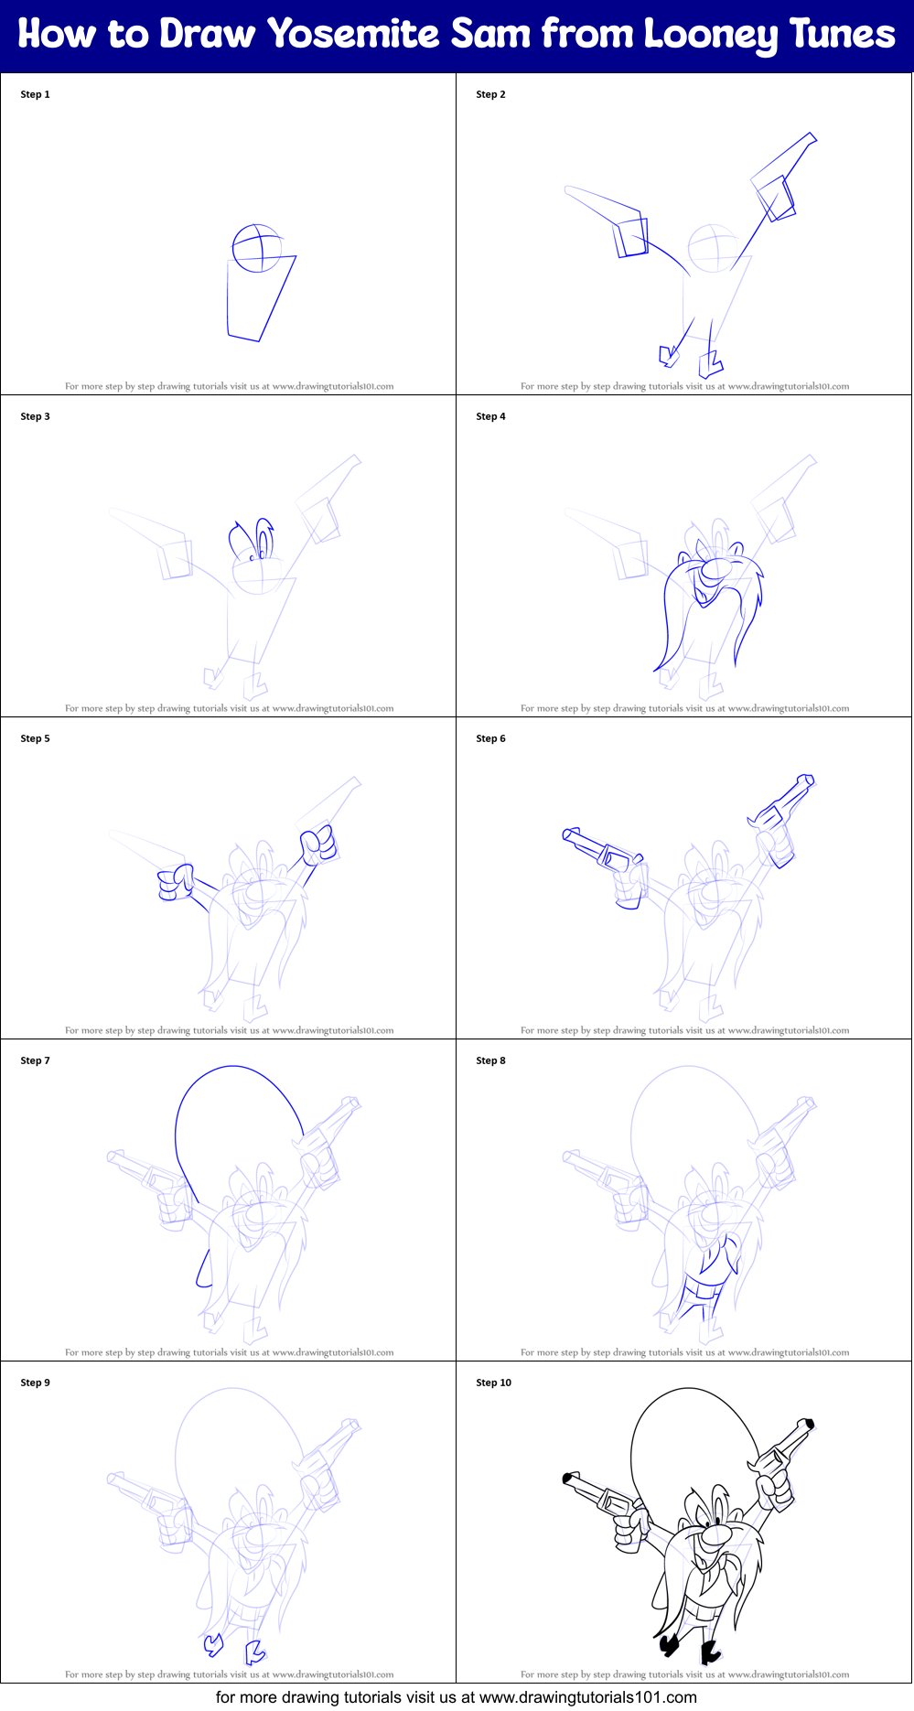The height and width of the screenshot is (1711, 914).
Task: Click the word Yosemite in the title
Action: [352, 35]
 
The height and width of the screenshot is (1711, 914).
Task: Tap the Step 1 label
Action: [35, 94]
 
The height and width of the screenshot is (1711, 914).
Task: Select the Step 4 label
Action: [490, 416]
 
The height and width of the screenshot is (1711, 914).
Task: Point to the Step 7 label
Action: [35, 1060]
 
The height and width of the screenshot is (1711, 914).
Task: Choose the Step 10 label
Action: [493, 1383]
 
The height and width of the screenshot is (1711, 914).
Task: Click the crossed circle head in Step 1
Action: [257, 248]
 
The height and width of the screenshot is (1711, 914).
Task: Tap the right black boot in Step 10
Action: [709, 1652]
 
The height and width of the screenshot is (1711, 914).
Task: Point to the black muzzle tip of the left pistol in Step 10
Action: [567, 1478]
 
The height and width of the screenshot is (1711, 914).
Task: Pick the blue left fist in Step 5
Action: [175, 884]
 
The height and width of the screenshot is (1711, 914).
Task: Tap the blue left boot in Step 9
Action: [213, 1644]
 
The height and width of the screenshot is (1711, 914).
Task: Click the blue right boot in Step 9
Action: [254, 1652]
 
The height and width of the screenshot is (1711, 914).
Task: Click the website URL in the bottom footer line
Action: [587, 1697]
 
